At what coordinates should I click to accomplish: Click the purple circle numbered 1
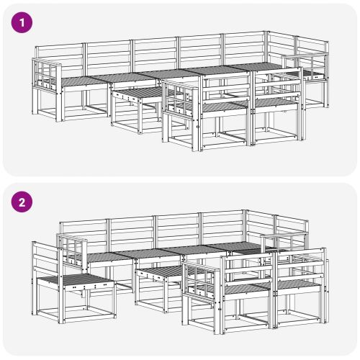pos(22,22)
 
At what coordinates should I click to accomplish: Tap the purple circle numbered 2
pos(22,202)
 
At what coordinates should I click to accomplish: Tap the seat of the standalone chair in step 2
pos(74,280)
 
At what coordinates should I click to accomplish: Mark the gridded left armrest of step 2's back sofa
pos(72,250)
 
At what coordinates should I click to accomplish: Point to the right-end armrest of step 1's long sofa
pos(305,66)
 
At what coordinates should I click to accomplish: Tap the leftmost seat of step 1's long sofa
pos(79,81)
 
